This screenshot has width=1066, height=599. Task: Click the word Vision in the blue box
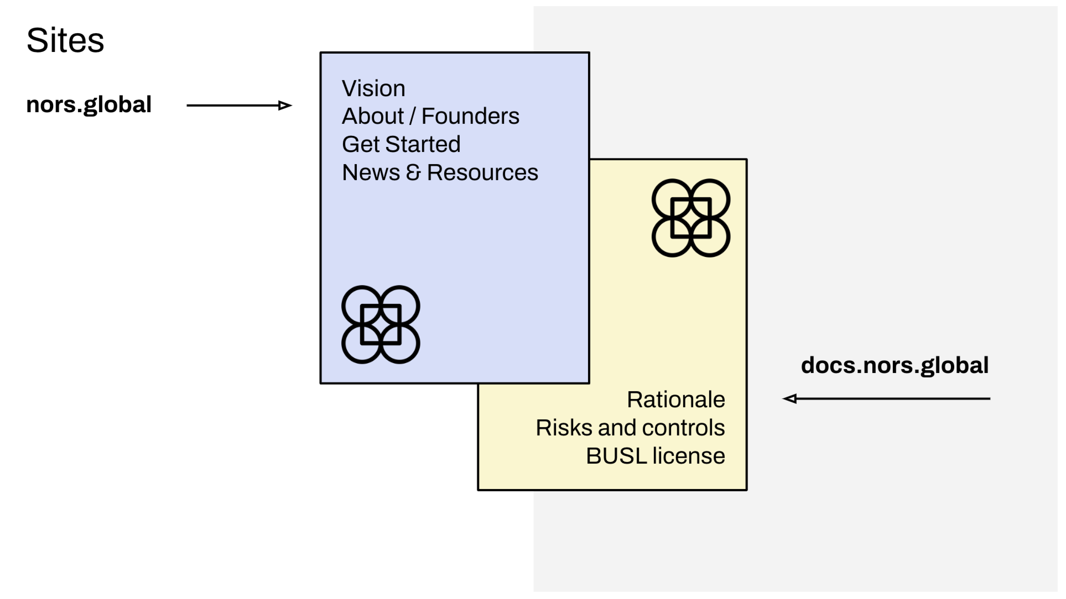373,89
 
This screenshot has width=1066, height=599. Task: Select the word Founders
470,116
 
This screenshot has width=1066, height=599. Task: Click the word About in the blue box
372,116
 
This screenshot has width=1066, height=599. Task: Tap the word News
371,172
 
